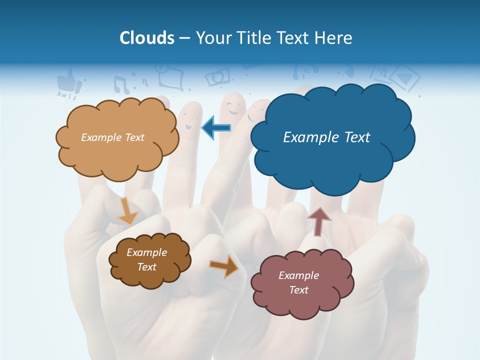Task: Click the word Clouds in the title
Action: [x=147, y=38]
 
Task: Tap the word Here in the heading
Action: [x=334, y=38]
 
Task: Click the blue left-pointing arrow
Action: [x=216, y=128]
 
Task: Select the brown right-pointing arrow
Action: [x=224, y=266]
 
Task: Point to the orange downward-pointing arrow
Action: [x=127, y=210]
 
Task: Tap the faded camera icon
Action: [x=218, y=76]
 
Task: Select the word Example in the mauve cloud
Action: [x=298, y=275]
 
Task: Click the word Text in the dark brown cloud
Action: [x=146, y=267]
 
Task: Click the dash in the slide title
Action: [x=184, y=38]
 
